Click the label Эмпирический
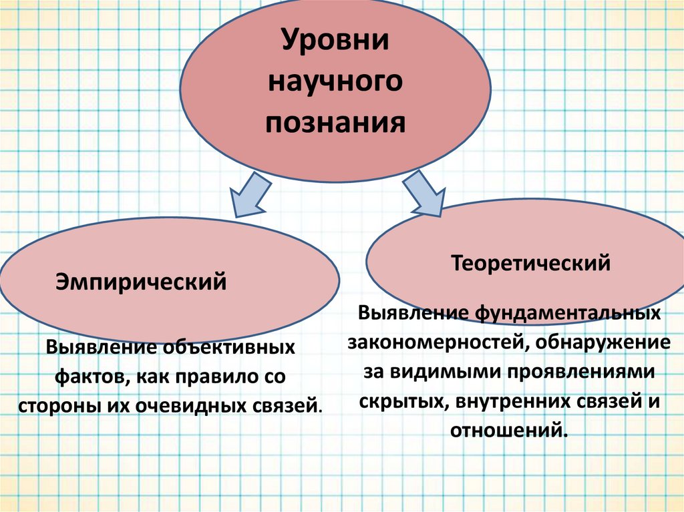coord(141,282)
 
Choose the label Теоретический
coord(531,262)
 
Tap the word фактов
coord(94,376)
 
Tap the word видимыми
coord(449,371)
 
